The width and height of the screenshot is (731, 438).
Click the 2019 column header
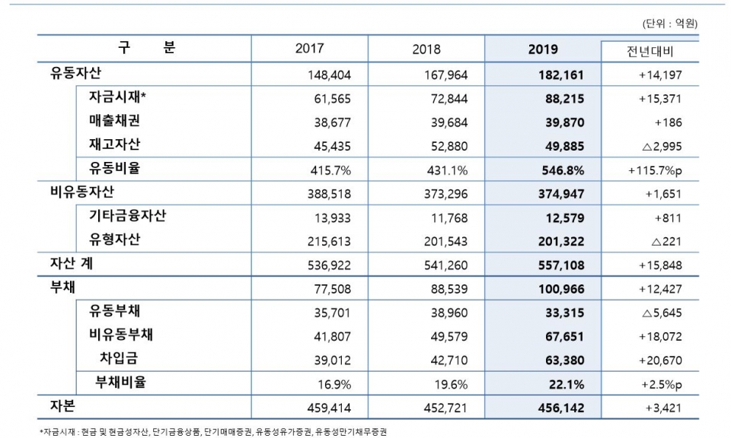[541, 49]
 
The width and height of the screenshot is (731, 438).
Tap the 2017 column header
[309, 49]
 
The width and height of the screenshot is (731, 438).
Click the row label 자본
[63, 406]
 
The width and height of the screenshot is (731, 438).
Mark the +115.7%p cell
[654, 169]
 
